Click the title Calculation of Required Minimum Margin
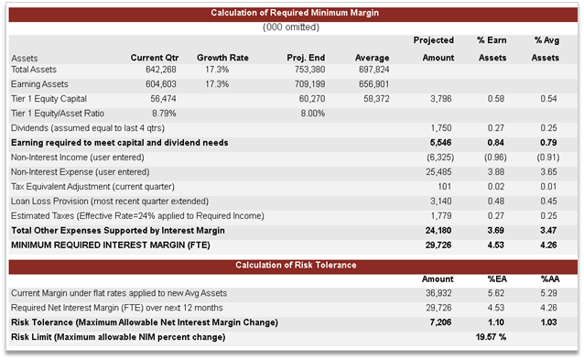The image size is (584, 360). coord(295,13)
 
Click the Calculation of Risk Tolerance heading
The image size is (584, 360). coord(295,265)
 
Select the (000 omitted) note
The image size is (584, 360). coord(295,27)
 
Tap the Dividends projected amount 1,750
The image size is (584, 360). coord(441,127)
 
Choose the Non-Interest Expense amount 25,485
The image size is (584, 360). coord(438,171)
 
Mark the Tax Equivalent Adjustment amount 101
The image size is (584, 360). coord(446,186)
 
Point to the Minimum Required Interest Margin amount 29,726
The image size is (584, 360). coord(438,245)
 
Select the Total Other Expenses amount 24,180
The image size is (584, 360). coord(438,230)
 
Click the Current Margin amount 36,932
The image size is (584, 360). coord(438,292)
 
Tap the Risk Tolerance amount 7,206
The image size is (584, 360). coord(440,322)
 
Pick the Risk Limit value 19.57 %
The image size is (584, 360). coord(490,337)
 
